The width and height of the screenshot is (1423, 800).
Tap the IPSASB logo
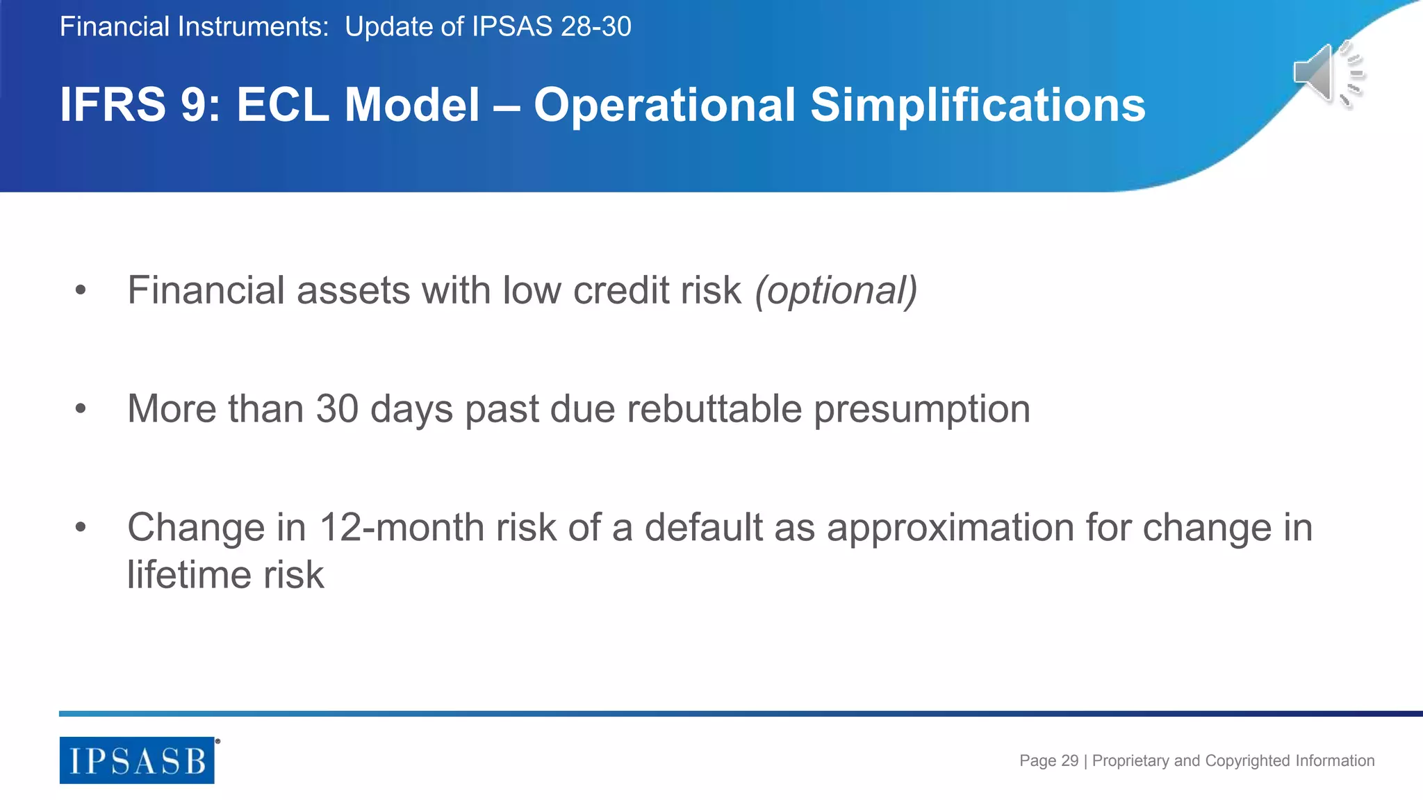(x=137, y=760)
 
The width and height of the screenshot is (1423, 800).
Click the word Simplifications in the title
(x=978, y=106)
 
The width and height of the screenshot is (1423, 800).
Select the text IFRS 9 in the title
(x=139, y=106)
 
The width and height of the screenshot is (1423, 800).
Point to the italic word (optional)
(x=836, y=290)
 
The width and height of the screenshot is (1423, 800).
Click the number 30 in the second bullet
(x=337, y=408)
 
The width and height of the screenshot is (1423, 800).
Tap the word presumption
(x=921, y=410)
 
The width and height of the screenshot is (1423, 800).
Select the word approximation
(x=950, y=528)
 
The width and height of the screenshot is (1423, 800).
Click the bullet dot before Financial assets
(x=81, y=290)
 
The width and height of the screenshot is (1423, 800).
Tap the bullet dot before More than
(x=81, y=409)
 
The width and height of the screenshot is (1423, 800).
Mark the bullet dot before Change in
(x=81, y=528)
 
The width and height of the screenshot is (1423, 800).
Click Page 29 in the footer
(x=1048, y=760)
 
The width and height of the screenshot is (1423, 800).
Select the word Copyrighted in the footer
(x=1247, y=761)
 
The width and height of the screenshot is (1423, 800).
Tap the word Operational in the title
(x=664, y=106)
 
